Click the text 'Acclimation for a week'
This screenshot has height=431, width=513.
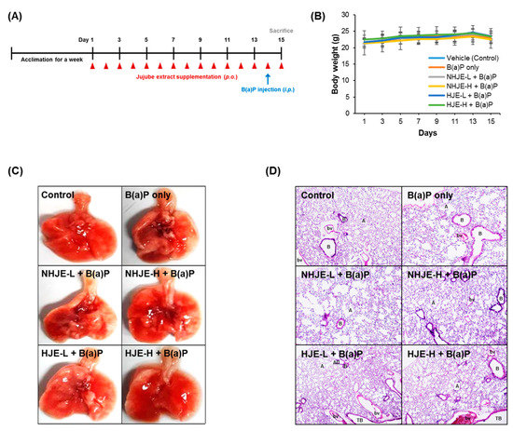[x=46, y=57]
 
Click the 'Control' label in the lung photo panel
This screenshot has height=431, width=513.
[x=62, y=195]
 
